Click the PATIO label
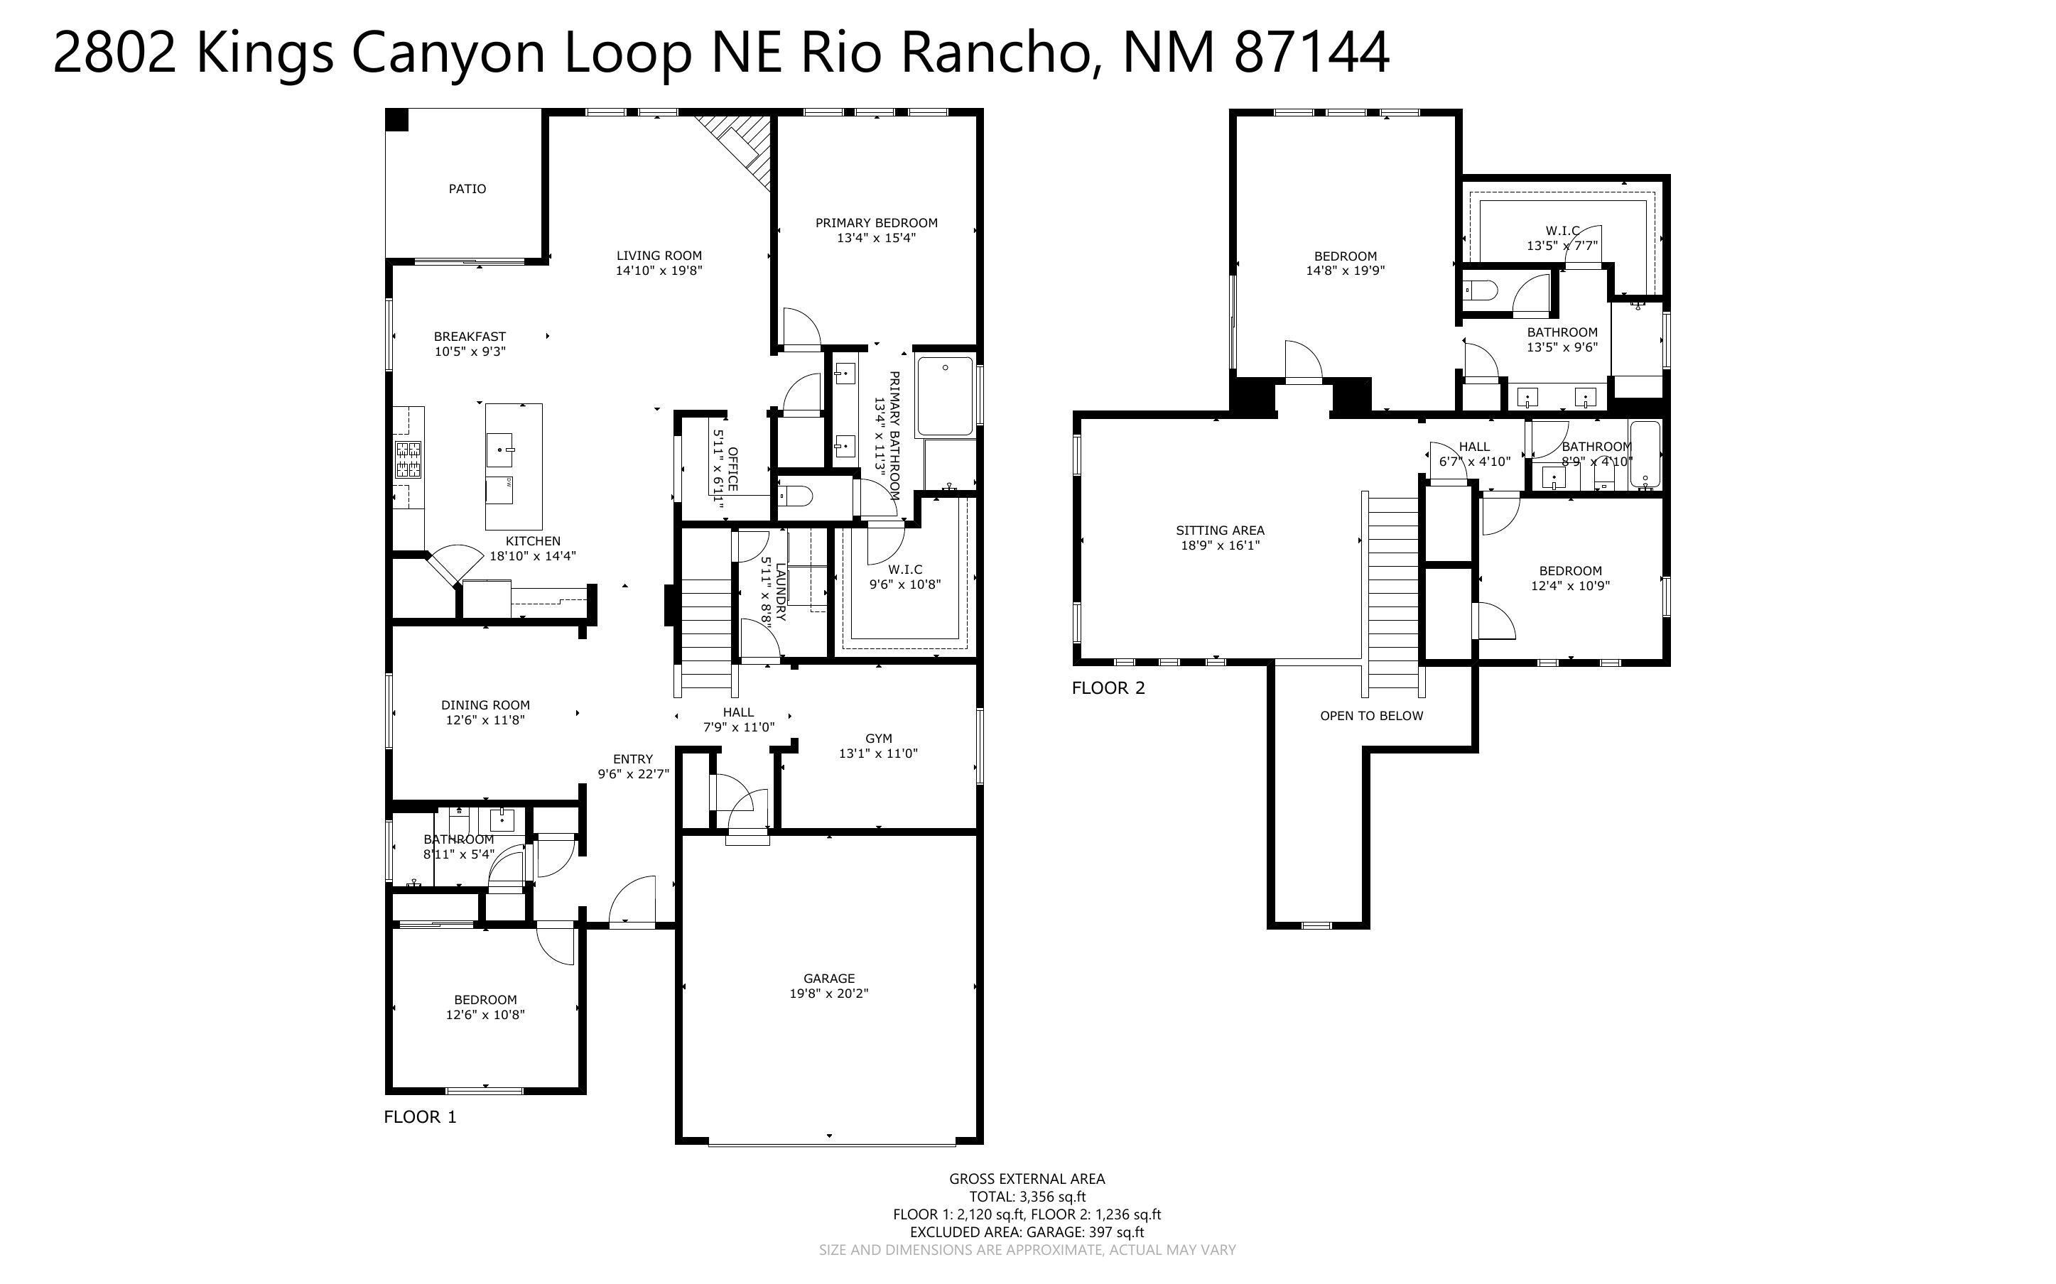467,188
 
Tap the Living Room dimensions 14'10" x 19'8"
659,271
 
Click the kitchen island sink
499,448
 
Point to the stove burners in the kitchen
408,459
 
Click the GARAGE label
829,979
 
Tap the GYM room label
878,739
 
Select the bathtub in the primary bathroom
944,396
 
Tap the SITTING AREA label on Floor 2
1220,531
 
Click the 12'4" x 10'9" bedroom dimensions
1570,586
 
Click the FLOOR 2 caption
1108,688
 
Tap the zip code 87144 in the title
1311,53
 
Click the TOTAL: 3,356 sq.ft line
1027,1197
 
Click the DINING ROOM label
485,704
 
